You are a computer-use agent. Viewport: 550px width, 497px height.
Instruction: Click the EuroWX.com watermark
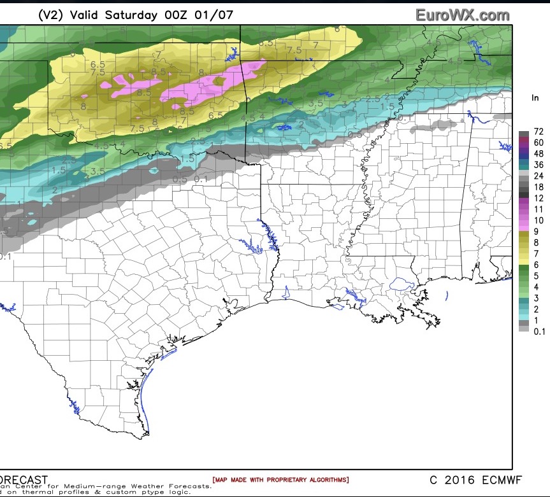pos(462,15)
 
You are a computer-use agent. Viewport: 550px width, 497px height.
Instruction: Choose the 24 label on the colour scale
pos(539,175)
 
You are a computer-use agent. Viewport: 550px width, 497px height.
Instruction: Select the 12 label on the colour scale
pos(539,198)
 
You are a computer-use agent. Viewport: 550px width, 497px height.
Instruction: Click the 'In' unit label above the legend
pos(536,98)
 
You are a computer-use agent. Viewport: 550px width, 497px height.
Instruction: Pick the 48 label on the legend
pos(539,153)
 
